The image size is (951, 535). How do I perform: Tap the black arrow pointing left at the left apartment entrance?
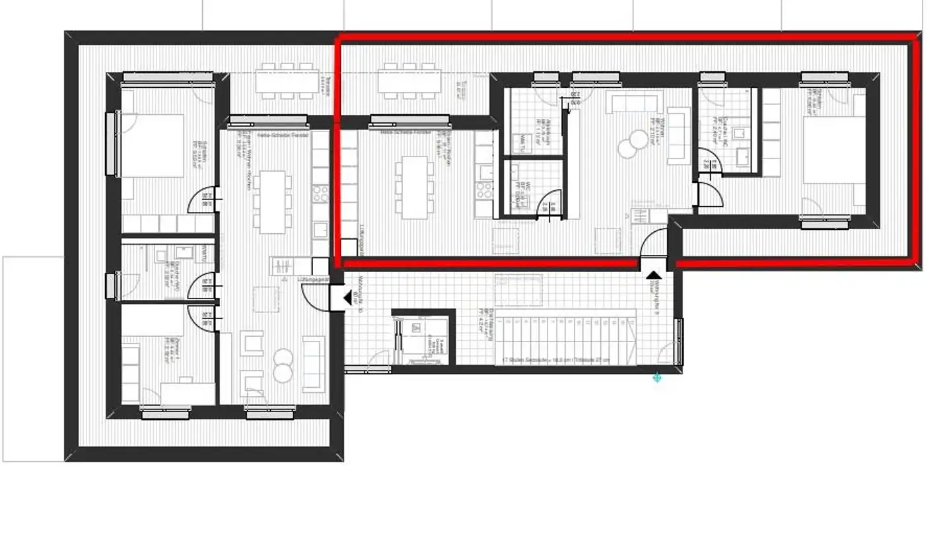[x=345, y=299]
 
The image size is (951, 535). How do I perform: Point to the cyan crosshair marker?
[x=657, y=377]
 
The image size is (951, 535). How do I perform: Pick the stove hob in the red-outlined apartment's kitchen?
[x=484, y=190]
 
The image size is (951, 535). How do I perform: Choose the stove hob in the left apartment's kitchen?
[x=320, y=193]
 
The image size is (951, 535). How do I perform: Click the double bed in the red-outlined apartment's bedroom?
[x=834, y=150]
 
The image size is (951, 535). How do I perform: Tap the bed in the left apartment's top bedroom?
[x=152, y=145]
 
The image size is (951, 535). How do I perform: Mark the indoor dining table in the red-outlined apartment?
[x=414, y=186]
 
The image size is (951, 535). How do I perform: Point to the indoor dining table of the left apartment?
[x=272, y=201]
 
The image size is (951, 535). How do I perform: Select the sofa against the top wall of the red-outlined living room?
[x=632, y=104]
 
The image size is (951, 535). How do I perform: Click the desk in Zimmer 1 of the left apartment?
[x=188, y=392]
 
